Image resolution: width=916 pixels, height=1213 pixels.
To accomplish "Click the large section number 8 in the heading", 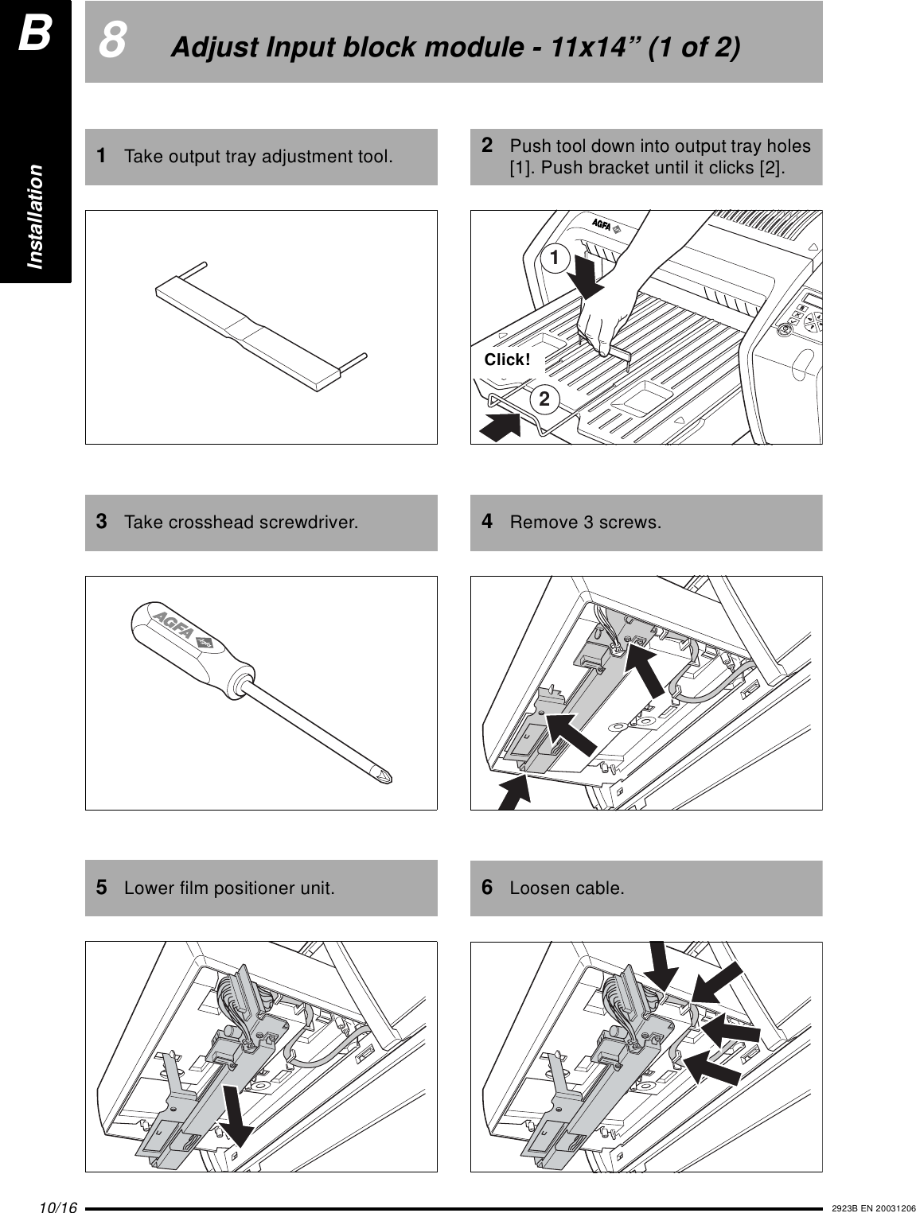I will (112, 42).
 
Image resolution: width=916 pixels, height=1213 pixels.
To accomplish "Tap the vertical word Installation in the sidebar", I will (36, 216).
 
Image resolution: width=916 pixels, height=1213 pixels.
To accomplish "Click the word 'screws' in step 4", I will (634, 523).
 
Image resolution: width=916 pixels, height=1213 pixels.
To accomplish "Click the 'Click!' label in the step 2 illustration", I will (507, 360).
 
